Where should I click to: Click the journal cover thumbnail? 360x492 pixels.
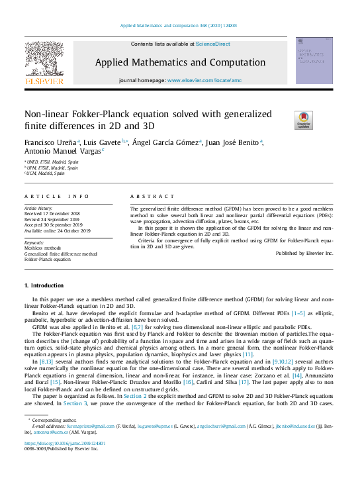314,60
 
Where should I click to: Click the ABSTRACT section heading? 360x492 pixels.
143,197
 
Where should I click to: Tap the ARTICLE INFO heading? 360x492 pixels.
56,197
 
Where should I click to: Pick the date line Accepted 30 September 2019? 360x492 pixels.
57,226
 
